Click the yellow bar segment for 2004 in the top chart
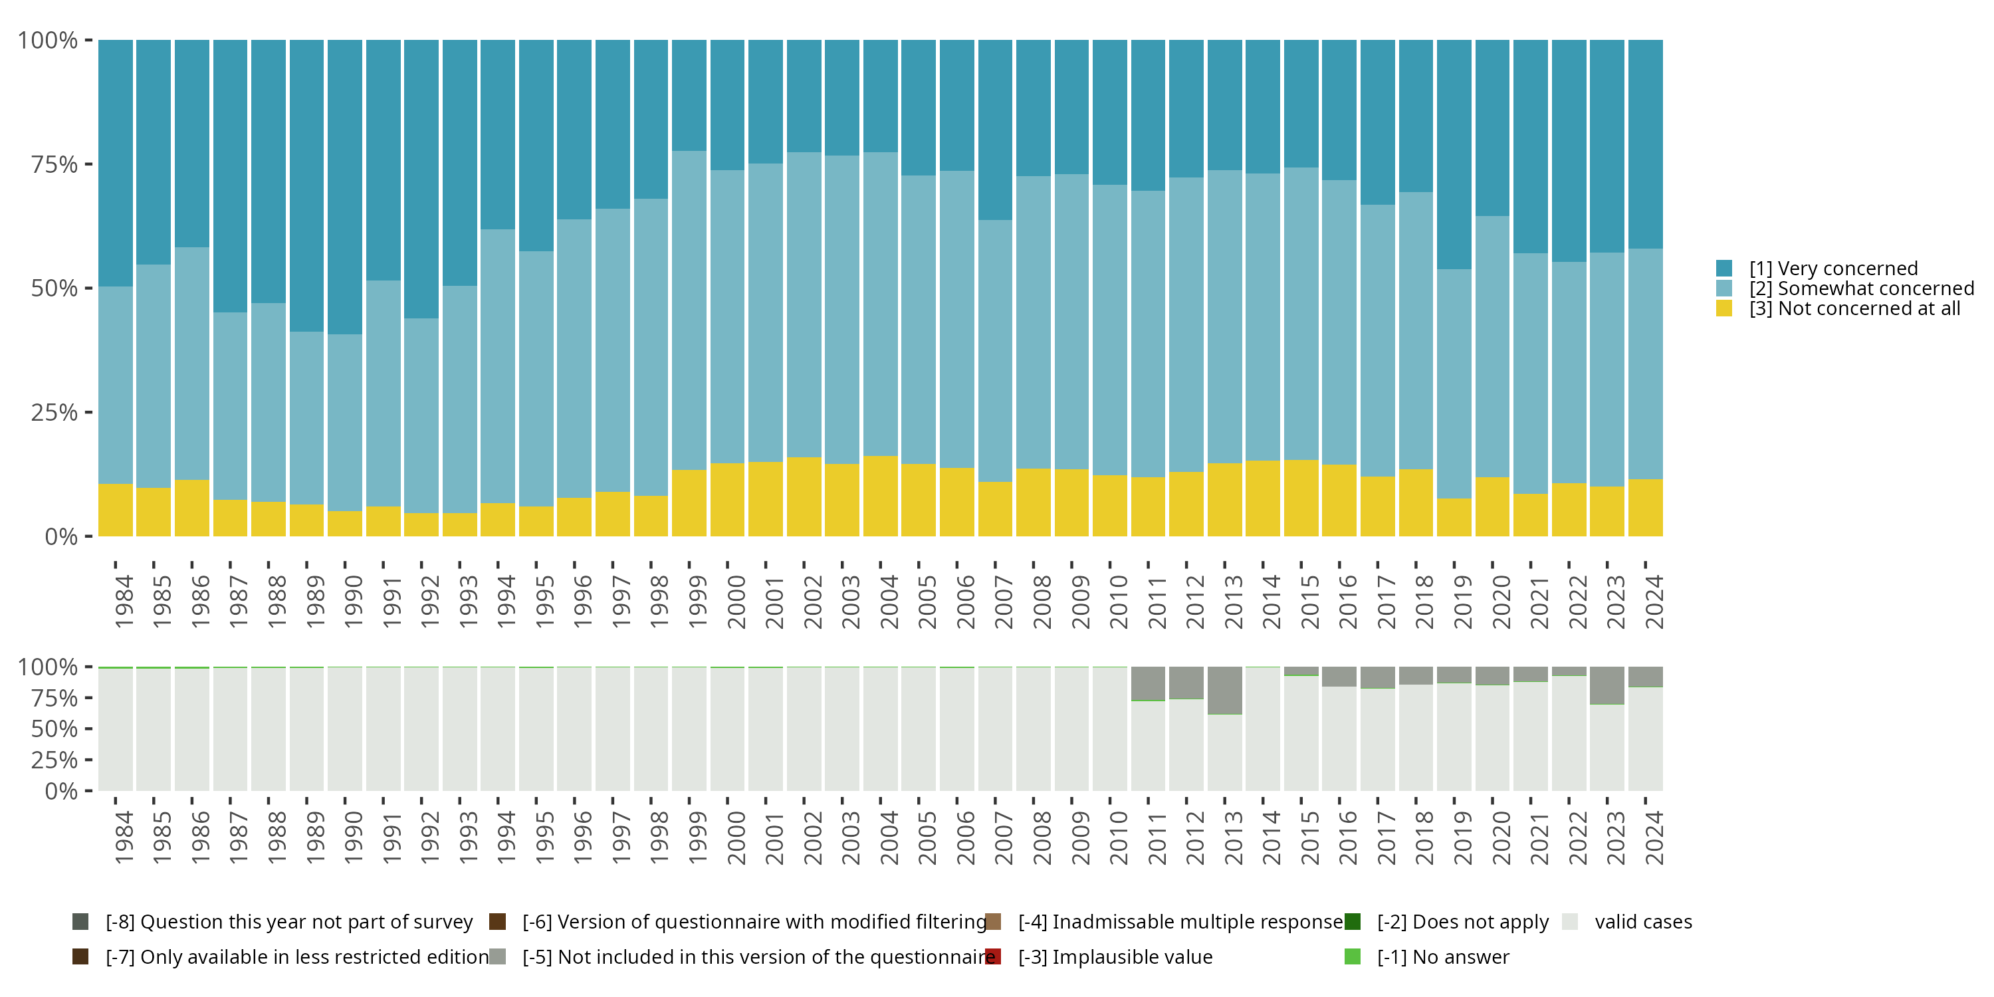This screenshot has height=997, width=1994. pyautogui.click(x=880, y=497)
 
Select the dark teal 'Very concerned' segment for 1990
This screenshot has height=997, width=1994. pyautogui.click(x=344, y=187)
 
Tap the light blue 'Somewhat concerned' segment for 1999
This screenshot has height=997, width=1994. pyautogui.click(x=689, y=310)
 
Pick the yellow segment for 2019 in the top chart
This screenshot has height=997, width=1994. pyautogui.click(x=1454, y=517)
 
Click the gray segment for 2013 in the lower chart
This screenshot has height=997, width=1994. pyautogui.click(x=1224, y=690)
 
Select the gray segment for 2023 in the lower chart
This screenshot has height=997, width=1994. pyautogui.click(x=1607, y=685)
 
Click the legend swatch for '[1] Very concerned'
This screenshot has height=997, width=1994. pyautogui.click(x=1724, y=269)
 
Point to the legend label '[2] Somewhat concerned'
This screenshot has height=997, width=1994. pyautogui.click(x=1862, y=288)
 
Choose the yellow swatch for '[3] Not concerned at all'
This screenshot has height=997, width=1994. pyautogui.click(x=1724, y=309)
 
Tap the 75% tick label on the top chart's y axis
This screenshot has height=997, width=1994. pyautogui.click(x=55, y=164)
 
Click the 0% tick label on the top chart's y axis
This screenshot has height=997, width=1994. pyautogui.click(x=61, y=536)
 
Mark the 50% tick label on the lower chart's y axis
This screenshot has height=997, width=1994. pyautogui.click(x=55, y=729)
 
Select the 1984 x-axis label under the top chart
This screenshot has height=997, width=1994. pyautogui.click(x=124, y=602)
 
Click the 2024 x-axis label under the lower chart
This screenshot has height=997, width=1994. pyautogui.click(x=1654, y=838)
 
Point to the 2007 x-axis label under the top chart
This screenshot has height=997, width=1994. pyautogui.click(x=1003, y=602)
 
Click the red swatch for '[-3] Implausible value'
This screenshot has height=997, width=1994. pyautogui.click(x=993, y=956)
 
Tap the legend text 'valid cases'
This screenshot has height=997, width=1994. pyautogui.click(x=1643, y=922)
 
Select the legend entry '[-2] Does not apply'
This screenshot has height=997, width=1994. pyautogui.click(x=1463, y=922)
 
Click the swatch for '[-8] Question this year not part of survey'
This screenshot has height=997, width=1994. pyautogui.click(x=80, y=922)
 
